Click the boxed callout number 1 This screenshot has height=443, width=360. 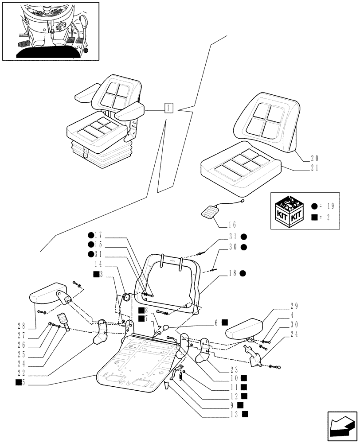168,108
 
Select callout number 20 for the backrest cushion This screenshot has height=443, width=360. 314,158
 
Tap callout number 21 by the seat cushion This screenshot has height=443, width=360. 314,168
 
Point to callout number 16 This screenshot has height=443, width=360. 232,224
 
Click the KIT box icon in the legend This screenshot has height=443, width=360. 291,211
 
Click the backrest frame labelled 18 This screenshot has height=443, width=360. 173,279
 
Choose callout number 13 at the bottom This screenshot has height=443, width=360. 235,415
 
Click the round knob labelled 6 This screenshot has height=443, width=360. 166,328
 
